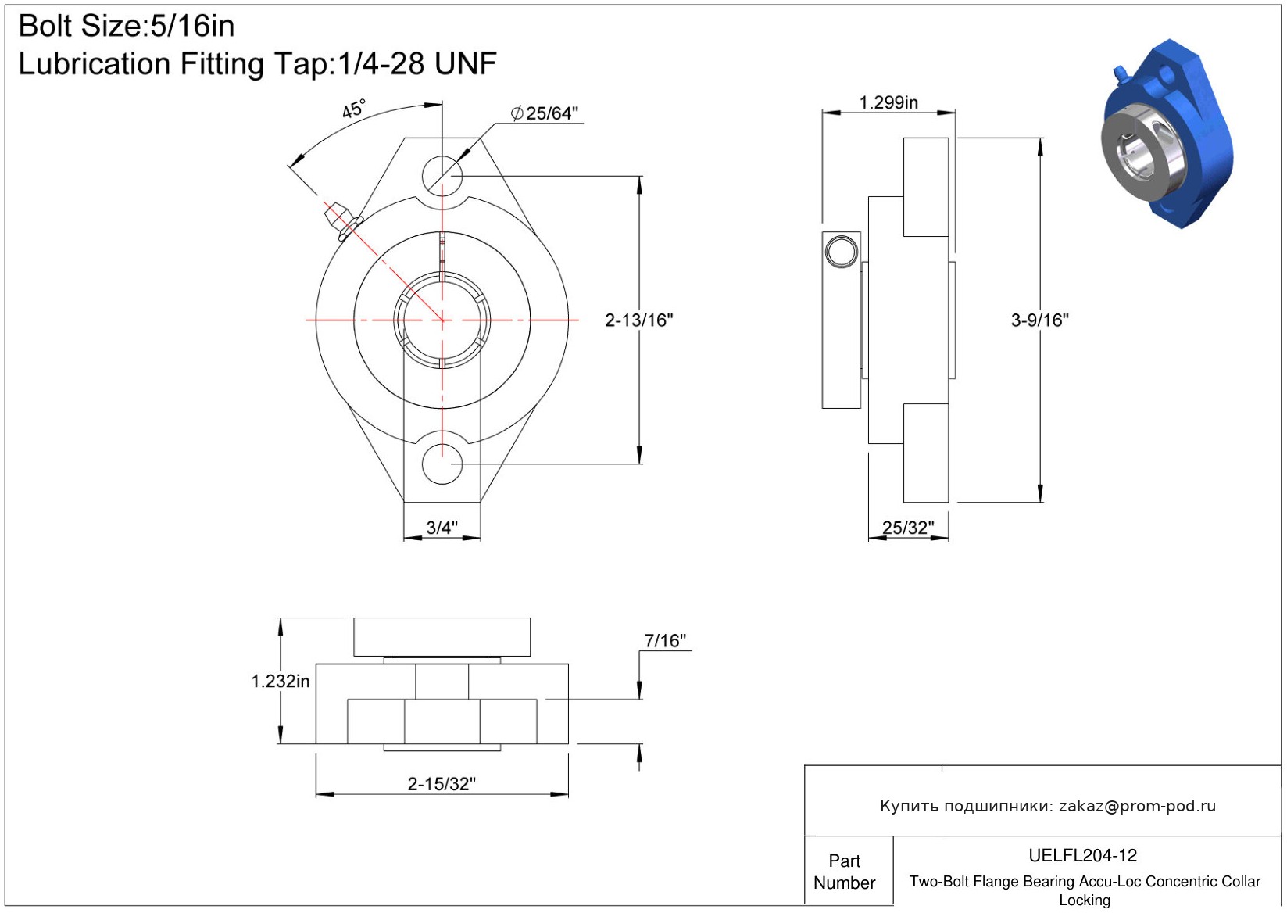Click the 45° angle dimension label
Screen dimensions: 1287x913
tap(353, 108)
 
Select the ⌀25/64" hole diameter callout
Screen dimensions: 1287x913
tap(544, 113)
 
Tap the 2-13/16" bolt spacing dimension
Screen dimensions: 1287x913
tap(639, 320)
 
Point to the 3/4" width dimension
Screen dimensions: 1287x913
tap(442, 527)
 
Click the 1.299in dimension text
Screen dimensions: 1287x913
tap(888, 102)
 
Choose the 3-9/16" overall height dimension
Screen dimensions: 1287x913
tap(1040, 320)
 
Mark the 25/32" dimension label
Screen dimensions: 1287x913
tap(908, 527)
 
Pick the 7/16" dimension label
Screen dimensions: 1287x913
tap(665, 640)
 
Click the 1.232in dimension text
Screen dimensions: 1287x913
tap(281, 681)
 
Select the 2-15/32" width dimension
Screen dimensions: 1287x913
tap(442, 784)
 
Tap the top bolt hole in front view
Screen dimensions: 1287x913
tap(442, 175)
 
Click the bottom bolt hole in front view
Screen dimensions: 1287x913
tap(442, 464)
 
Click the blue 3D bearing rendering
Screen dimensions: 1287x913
tap(1167, 134)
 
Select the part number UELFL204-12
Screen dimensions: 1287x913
tap(1082, 855)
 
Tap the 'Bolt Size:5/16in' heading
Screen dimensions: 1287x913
tap(127, 26)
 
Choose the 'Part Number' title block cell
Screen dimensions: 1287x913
tap(844, 872)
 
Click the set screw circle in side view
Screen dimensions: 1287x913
tap(841, 252)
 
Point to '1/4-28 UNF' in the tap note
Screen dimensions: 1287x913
tap(417, 63)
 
